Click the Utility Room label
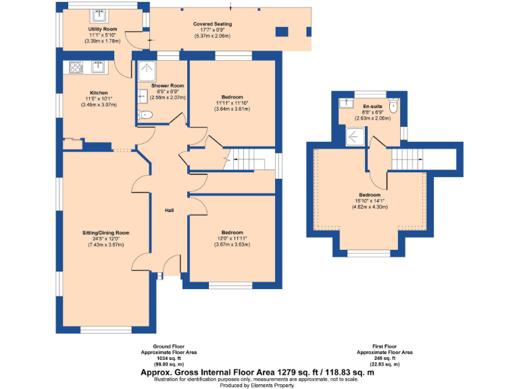point(103,30)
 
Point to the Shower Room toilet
point(144,115)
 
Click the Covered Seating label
point(213,24)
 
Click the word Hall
point(170,211)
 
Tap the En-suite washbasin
point(347,103)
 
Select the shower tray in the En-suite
point(355,137)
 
